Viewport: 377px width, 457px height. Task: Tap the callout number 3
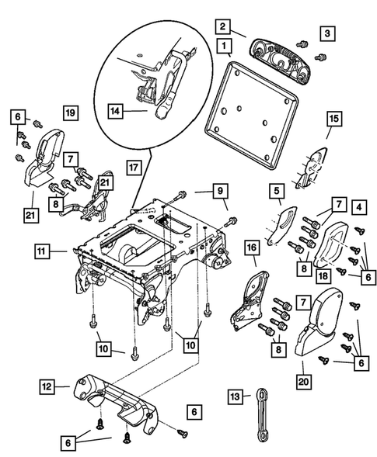(x=329, y=33)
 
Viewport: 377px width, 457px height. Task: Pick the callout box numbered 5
(x=275, y=190)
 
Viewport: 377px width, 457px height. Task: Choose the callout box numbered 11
(x=42, y=251)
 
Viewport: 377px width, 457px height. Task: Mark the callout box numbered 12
(x=47, y=386)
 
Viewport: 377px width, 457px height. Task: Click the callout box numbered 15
(x=333, y=119)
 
